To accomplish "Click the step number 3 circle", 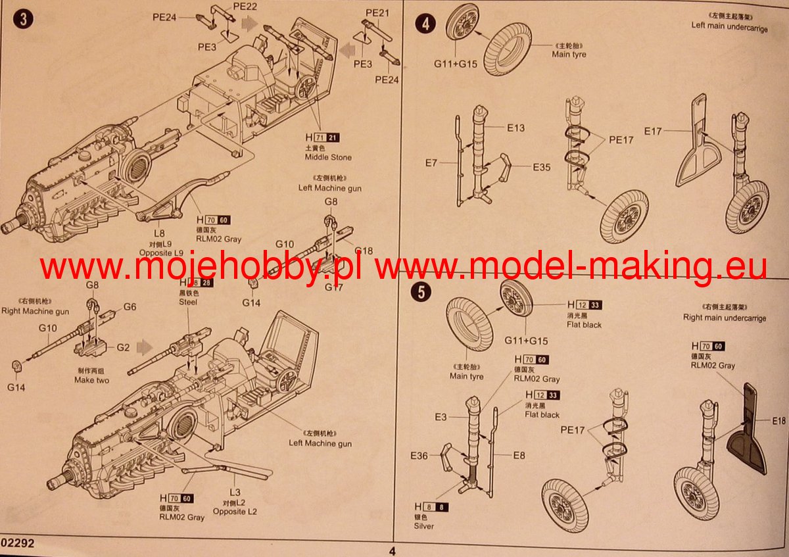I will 24,20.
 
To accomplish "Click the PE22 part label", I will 245,6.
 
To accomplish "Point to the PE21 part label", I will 378,12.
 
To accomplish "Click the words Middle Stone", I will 328,158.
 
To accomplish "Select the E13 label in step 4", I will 515,128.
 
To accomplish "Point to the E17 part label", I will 653,132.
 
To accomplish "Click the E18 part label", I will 779,421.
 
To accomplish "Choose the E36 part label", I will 419,456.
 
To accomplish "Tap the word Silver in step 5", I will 424,526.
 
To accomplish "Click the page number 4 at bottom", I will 393,551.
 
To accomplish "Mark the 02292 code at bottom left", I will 17,544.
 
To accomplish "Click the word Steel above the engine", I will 188,303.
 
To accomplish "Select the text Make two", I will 92,380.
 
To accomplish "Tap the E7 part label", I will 431,162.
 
